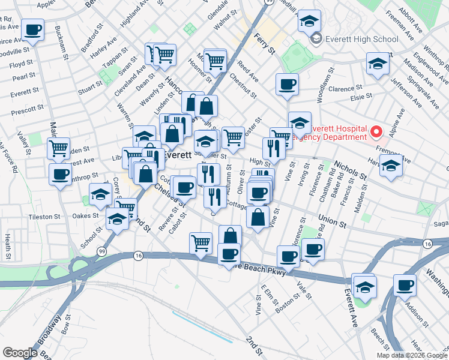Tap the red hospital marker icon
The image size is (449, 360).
click(376, 131)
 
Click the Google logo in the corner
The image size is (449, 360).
click(20, 352)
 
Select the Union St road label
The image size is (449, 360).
click(333, 223)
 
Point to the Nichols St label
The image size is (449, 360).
click(351, 170)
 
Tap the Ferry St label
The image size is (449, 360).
click(264, 43)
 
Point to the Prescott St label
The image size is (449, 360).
click(25, 111)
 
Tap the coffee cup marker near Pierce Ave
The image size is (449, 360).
click(32, 29)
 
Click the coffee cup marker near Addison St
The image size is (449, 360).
click(405, 284)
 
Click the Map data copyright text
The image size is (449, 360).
click(411, 355)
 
